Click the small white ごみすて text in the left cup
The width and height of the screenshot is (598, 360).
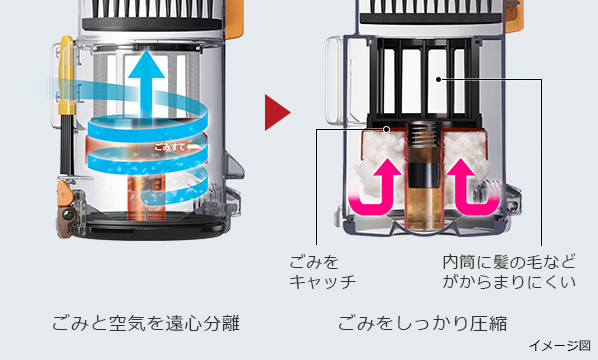click(x=171, y=146)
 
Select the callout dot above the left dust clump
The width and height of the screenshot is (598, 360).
click(x=386, y=128)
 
